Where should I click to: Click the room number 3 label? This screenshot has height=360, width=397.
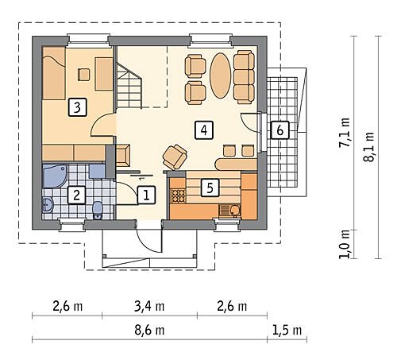pyautogui.click(x=77, y=107)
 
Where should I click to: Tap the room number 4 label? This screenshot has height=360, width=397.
pyautogui.click(x=204, y=130)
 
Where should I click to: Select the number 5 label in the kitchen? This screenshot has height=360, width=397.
pyautogui.click(x=210, y=188)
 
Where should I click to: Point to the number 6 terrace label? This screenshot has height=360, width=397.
pyautogui.click(x=279, y=130)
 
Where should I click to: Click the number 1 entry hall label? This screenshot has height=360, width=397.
pyautogui.click(x=146, y=195)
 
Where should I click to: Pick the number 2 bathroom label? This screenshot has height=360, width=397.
pyautogui.click(x=76, y=195)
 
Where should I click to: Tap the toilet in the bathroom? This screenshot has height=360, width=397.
pyautogui.click(x=98, y=210)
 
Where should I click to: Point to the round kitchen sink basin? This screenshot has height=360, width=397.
pyautogui.click(x=235, y=211)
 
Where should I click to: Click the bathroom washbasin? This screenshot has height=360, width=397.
pyautogui.click(x=48, y=204)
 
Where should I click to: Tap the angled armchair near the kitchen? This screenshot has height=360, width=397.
pyautogui.click(x=175, y=157)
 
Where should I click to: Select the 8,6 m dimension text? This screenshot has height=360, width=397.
pyautogui.click(x=149, y=331)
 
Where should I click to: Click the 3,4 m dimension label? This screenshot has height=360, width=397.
pyautogui.click(x=149, y=306)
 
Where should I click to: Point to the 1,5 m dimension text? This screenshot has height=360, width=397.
pyautogui.click(x=287, y=331)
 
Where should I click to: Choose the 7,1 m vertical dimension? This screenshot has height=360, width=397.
pyautogui.click(x=345, y=132)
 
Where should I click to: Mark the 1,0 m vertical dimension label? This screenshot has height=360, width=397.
pyautogui.click(x=345, y=244)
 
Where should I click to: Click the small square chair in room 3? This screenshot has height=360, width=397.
pyautogui.click(x=84, y=75)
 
